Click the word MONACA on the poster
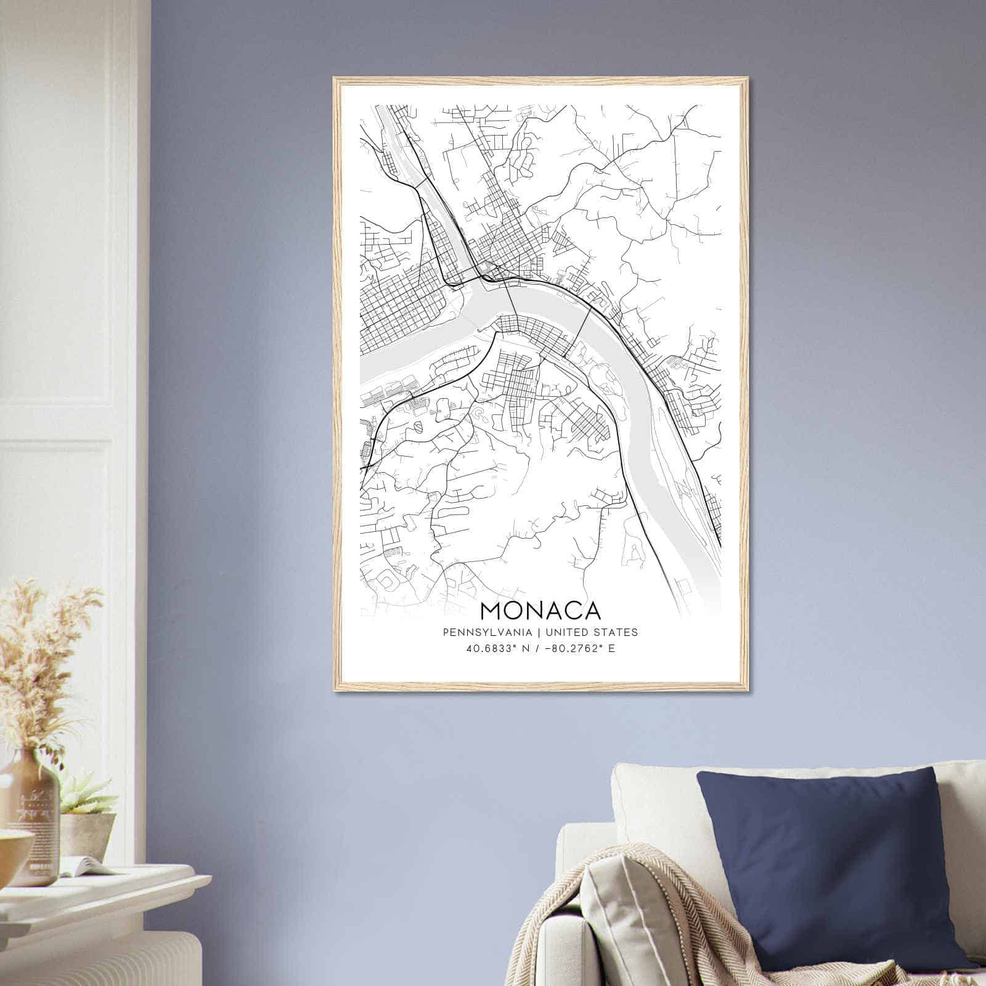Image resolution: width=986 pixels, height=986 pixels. (x=540, y=610)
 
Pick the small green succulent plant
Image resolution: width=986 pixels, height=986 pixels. (x=86, y=795)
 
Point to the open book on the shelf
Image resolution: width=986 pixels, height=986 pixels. (x=86, y=866)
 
